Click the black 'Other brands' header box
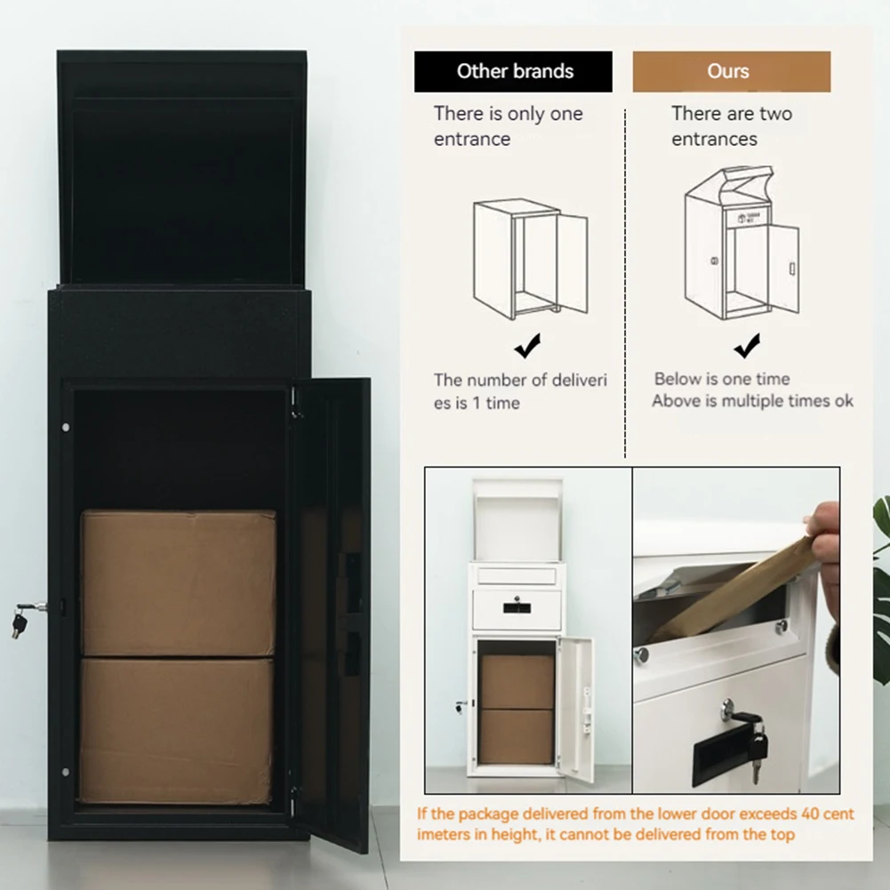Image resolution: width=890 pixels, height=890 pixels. [x=513, y=72]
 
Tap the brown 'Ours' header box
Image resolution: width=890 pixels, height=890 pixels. [x=731, y=72]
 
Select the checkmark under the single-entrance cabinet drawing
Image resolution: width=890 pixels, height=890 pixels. [x=527, y=346]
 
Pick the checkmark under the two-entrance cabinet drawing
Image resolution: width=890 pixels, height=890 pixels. [x=747, y=345]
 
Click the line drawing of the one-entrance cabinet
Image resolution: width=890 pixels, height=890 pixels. [x=530, y=259]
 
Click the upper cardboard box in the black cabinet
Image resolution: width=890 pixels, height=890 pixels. [x=178, y=582]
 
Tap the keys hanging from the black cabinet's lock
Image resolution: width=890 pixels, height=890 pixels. [x=20, y=620]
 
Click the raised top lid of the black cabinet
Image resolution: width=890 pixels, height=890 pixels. [x=181, y=169]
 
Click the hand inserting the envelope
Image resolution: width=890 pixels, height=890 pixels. [x=826, y=551]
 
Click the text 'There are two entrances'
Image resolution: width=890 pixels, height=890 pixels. [x=731, y=126]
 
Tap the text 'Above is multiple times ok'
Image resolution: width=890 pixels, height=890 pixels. [x=752, y=401]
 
